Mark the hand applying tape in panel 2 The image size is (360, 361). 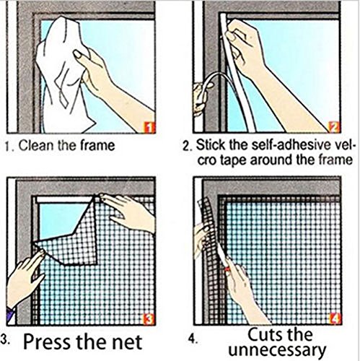tap(249, 47)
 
